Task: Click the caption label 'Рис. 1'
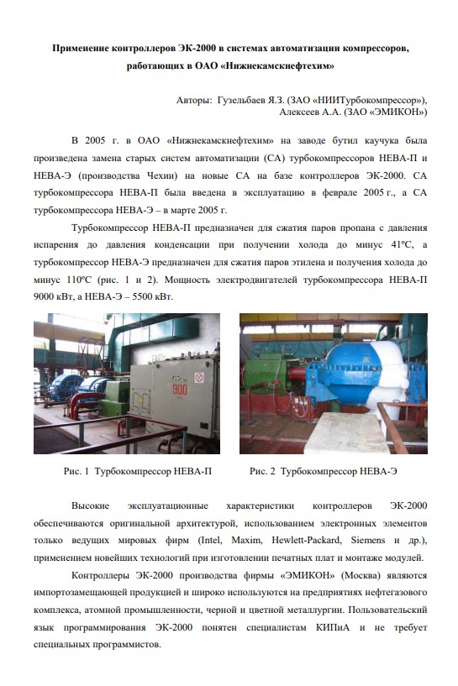(76, 472)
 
